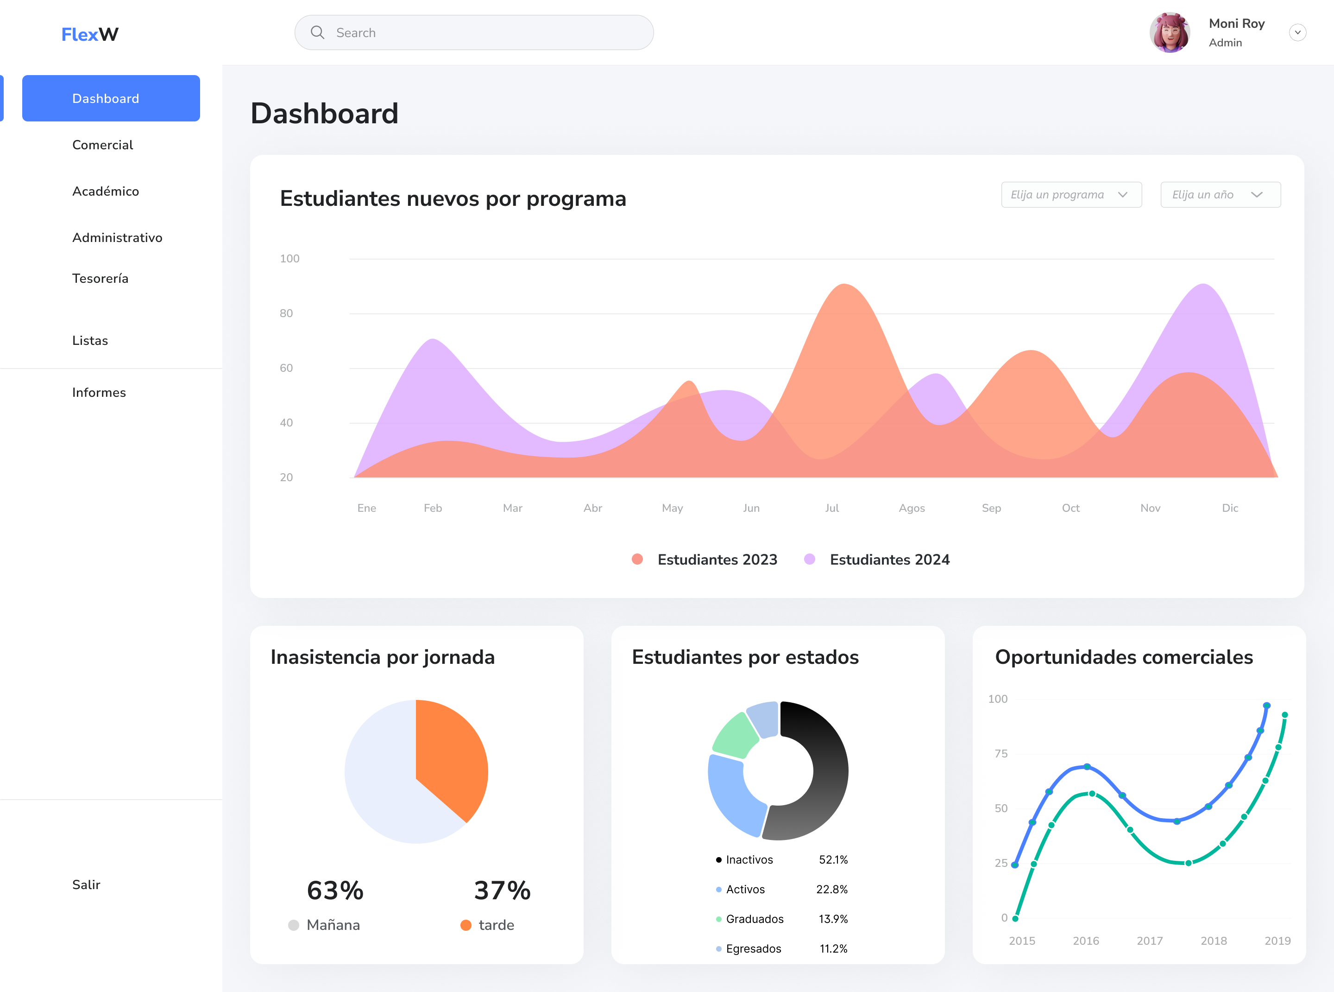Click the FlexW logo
[90, 34]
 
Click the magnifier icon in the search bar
[317, 32]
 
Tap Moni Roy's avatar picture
[1169, 32]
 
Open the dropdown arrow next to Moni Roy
[1297, 32]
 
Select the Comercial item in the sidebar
[103, 145]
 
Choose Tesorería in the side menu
[100, 278]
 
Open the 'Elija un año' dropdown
[1220, 195]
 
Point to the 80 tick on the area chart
[286, 313]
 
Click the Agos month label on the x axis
[911, 508]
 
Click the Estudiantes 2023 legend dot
[637, 559]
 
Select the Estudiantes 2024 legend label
[889, 560]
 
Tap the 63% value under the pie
[335, 890]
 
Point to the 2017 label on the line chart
[1149, 941]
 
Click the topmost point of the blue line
[1266, 706]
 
